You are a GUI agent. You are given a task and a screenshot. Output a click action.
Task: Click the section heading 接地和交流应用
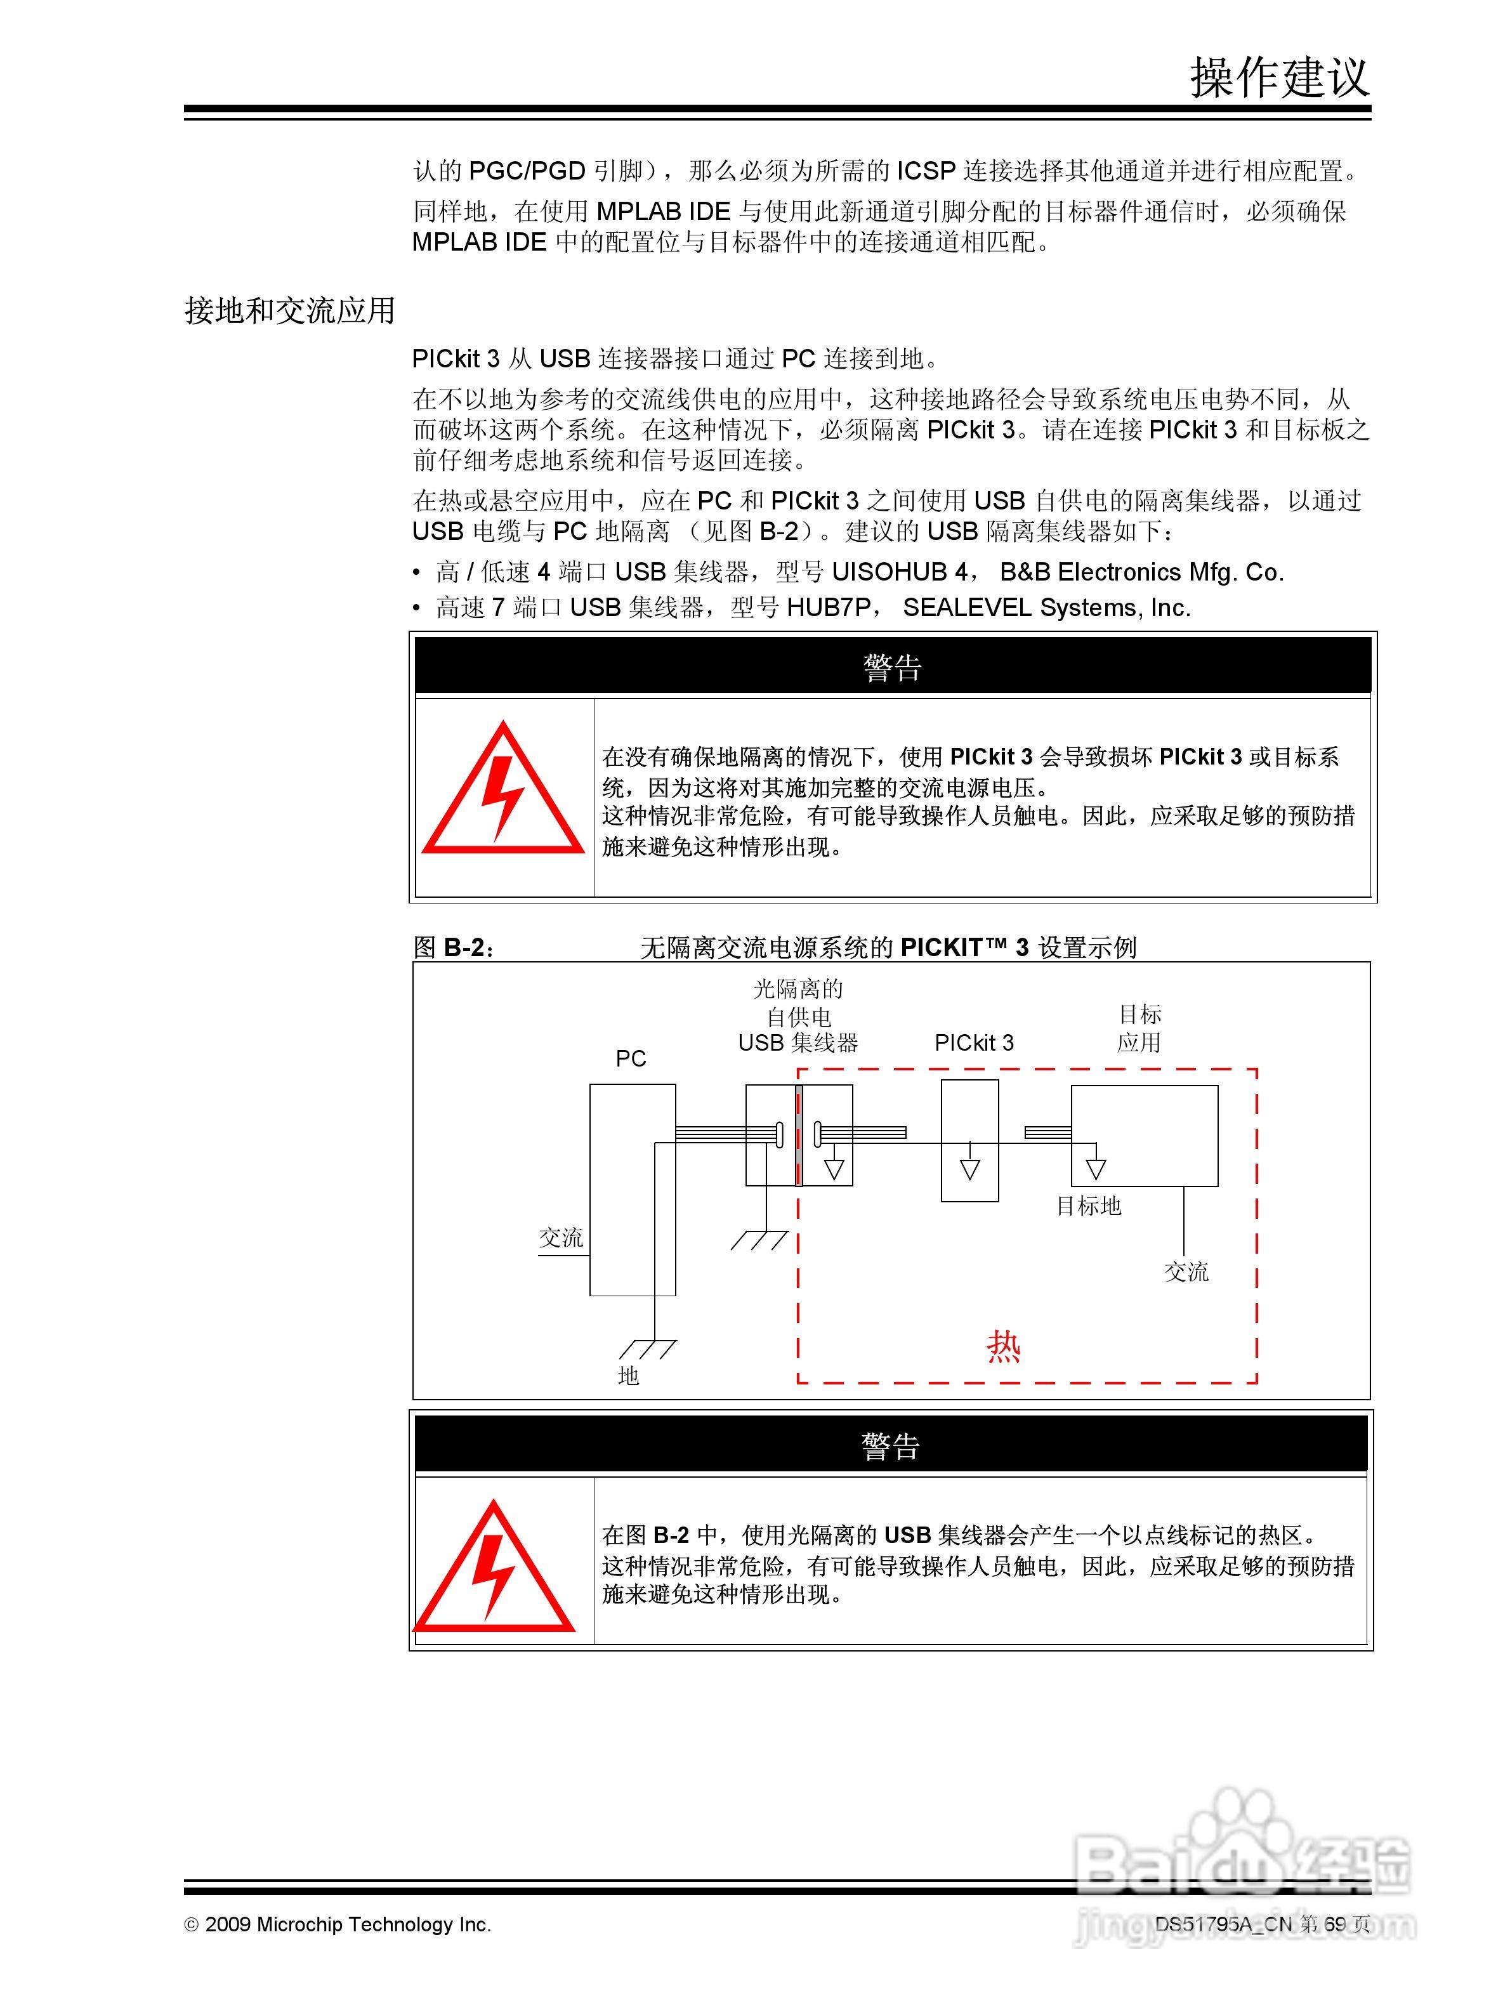(290, 311)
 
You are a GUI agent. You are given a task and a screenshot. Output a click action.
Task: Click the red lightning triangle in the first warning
(502, 792)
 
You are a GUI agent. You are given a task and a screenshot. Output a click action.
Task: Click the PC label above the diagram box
(631, 1058)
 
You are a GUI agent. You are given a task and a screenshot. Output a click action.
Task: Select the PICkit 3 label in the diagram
(974, 1043)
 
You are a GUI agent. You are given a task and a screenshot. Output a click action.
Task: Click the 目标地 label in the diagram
(1089, 1206)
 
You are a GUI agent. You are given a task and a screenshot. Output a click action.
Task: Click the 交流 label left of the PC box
(561, 1238)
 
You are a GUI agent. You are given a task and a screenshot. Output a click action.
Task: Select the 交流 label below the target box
(1186, 1272)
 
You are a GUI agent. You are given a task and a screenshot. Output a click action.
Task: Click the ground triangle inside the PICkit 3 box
(969, 1169)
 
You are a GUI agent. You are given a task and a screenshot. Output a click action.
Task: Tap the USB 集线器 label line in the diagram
(798, 1043)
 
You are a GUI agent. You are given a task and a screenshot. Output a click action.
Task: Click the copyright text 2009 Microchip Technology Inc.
(347, 1924)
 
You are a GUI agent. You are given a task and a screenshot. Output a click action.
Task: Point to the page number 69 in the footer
(1334, 1924)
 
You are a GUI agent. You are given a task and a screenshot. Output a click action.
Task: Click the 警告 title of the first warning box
(892, 669)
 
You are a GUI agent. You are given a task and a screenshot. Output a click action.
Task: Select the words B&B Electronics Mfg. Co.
(1142, 572)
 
